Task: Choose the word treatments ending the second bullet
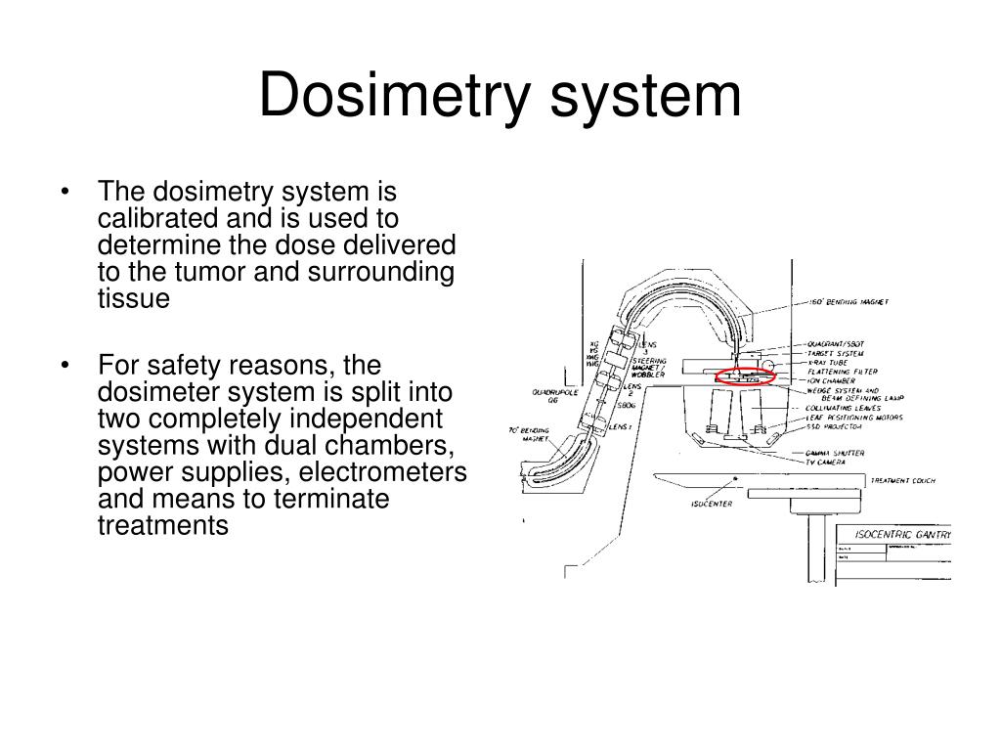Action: tap(163, 525)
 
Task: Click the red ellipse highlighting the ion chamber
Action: tap(745, 375)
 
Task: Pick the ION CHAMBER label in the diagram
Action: tap(831, 380)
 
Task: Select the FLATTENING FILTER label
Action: tap(842, 371)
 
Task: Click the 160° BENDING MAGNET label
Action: tap(849, 302)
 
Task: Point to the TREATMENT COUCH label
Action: tap(902, 481)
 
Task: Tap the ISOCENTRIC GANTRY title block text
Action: tap(901, 535)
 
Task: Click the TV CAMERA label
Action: tap(825, 462)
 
